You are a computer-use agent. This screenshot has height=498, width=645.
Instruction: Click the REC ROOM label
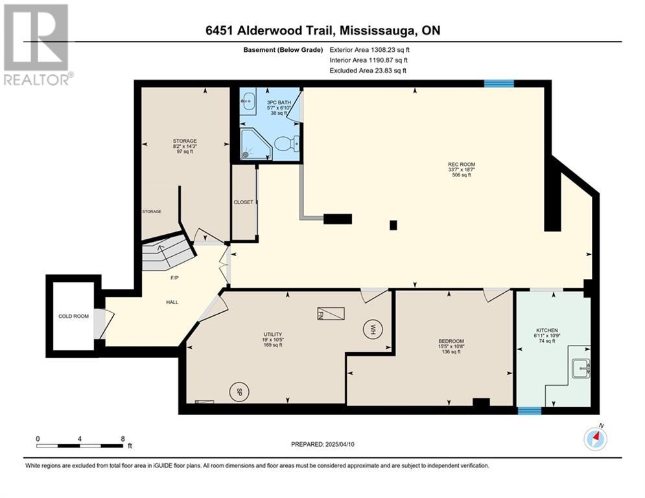click(462, 164)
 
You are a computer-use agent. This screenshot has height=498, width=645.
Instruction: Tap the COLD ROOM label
click(74, 316)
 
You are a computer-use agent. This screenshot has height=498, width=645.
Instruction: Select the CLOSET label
click(244, 202)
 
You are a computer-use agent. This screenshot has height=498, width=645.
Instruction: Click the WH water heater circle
click(373, 329)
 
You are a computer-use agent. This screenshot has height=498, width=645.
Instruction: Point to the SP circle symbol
click(239, 392)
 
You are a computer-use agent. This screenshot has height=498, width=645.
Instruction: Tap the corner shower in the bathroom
click(256, 145)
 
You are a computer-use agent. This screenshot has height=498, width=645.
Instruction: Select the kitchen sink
click(581, 368)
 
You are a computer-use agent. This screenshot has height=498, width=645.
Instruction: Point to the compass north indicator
click(596, 439)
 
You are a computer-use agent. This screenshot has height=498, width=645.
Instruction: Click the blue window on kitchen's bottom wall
click(530, 410)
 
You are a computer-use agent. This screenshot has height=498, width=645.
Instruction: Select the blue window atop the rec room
click(499, 84)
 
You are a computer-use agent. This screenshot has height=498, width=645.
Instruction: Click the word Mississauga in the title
click(379, 30)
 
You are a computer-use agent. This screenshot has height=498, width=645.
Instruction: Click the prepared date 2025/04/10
click(340, 444)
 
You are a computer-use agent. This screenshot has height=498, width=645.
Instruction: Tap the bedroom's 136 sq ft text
click(451, 352)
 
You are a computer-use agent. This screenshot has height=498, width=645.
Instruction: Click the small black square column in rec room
click(393, 225)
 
